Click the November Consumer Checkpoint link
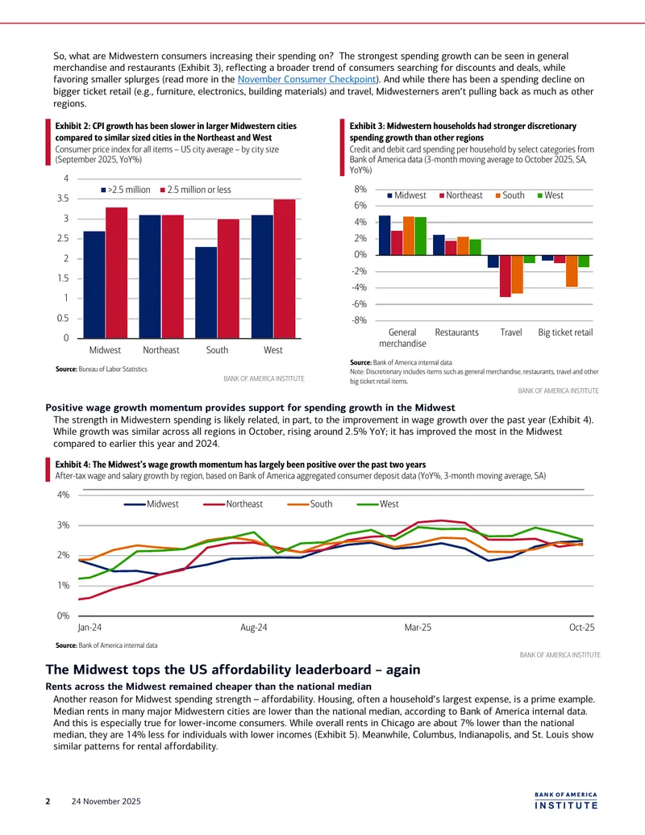(306, 79)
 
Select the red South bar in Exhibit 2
(228, 278)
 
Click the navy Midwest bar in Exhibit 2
(94, 284)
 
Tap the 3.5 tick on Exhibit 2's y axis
(63, 198)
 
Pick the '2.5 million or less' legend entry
(195, 190)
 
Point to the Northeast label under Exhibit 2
(160, 350)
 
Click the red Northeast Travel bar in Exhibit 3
(505, 276)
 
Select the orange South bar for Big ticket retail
(572, 271)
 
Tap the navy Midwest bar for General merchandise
(385, 236)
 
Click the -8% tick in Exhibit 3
(360, 320)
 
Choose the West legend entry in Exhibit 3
(551, 195)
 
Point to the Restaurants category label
(456, 332)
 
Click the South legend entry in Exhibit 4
(310, 503)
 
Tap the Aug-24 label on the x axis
(254, 628)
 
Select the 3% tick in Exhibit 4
(64, 525)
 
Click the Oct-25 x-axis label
(581, 628)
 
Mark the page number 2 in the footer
(48, 801)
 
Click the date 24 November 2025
(106, 801)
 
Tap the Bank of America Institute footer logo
(566, 801)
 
